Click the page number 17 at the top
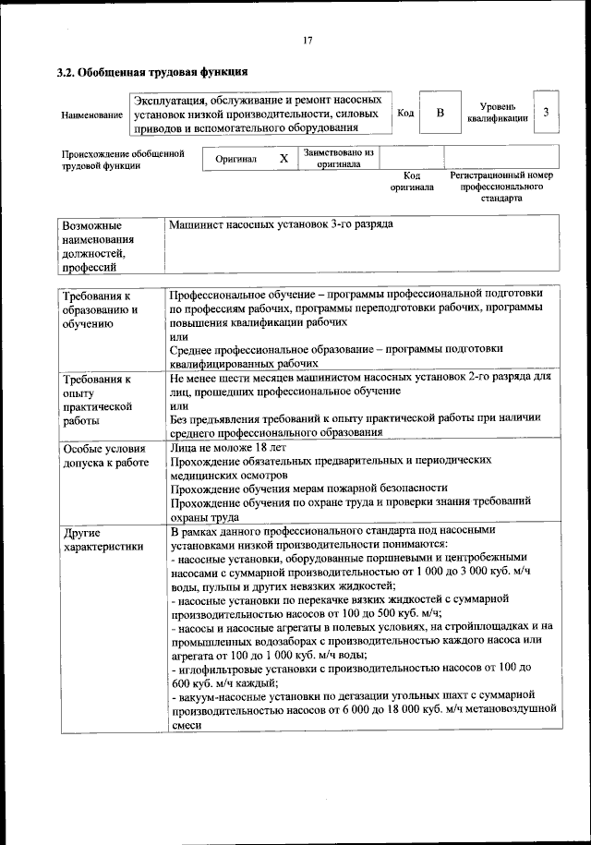click(308, 40)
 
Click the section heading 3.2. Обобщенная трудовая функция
click(151, 72)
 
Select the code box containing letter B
click(440, 113)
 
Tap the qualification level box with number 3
click(547, 113)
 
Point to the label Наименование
click(91, 115)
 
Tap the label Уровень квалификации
click(498, 113)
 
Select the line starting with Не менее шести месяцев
click(360, 378)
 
